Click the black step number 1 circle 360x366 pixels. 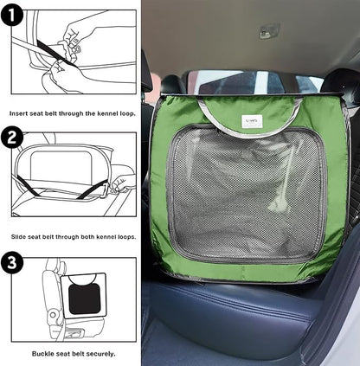[11, 15]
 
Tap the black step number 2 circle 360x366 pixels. [11, 138]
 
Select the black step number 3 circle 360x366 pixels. [11, 263]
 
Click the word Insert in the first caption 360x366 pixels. [18, 113]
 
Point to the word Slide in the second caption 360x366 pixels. [18, 237]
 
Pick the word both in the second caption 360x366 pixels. [87, 237]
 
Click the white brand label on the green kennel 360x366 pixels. [252, 121]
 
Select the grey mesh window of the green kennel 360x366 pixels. [247, 193]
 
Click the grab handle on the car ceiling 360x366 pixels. [269, 31]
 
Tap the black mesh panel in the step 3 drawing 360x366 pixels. [85, 299]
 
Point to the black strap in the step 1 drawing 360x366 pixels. [55, 53]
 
